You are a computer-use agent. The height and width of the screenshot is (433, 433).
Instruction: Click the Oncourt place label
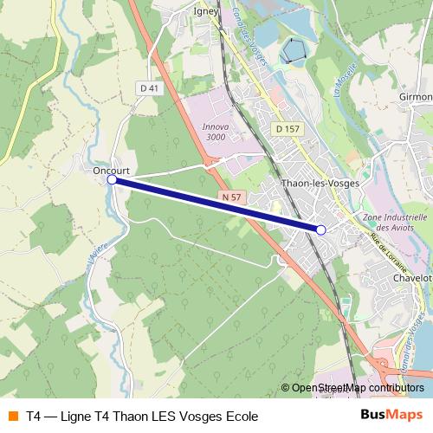click(x=111, y=171)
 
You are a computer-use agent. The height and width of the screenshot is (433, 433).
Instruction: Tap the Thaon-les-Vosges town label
click(x=320, y=184)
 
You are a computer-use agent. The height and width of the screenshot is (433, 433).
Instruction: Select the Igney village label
click(x=206, y=12)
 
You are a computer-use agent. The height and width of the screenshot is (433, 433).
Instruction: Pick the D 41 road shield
click(x=149, y=87)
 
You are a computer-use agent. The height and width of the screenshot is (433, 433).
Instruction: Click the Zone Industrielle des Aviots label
click(x=396, y=222)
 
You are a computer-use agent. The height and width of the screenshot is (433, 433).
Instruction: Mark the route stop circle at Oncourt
click(x=112, y=180)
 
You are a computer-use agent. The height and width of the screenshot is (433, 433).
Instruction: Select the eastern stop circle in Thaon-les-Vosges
click(x=321, y=229)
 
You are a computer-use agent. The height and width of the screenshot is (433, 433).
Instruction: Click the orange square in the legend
click(x=12, y=416)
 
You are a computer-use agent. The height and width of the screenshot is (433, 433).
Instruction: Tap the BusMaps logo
click(x=391, y=415)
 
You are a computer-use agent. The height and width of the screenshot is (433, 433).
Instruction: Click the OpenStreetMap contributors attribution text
click(x=358, y=387)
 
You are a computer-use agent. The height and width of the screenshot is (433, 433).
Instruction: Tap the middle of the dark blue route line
click(x=216, y=205)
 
